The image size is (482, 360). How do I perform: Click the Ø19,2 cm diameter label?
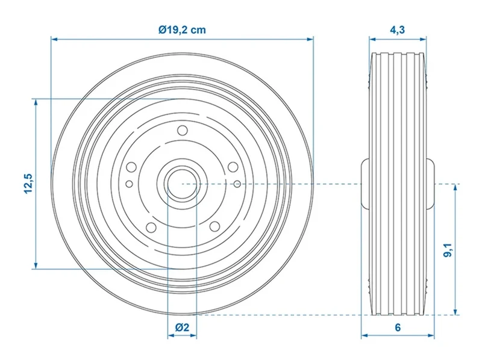[182, 29]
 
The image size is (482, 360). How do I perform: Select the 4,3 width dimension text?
[398, 29]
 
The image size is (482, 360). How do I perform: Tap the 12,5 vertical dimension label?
[28, 184]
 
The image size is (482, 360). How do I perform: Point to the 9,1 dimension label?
[448, 250]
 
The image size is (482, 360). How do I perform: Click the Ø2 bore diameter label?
[182, 327]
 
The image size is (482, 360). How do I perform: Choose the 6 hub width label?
[398, 327]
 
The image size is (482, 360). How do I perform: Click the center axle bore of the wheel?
[183, 184]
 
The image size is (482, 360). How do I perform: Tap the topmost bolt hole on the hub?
[183, 130]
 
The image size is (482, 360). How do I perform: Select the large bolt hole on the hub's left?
[131, 167]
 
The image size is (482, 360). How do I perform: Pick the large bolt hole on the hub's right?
[233, 167]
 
